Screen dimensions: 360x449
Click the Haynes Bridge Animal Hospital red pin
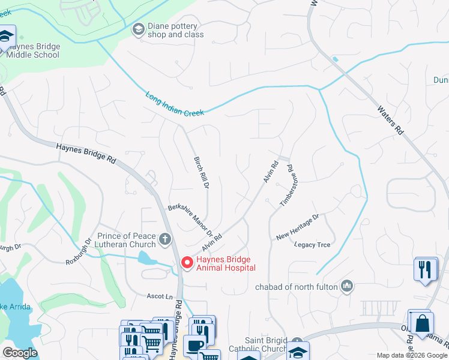coord(187,263)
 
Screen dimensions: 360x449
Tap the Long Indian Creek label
coord(175,104)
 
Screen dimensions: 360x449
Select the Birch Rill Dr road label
coord(200,173)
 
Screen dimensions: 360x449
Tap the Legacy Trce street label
coord(312,245)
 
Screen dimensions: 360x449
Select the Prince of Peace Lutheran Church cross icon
coord(165,240)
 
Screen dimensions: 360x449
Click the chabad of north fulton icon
coord(346,286)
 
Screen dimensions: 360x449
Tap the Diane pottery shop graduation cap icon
coord(138,29)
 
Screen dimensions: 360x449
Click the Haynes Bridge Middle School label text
coord(33,50)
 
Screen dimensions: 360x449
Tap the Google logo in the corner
coord(20,352)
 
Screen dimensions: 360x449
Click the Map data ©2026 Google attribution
coord(411,355)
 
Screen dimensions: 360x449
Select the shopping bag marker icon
coord(422,322)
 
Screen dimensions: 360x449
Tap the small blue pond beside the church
coord(145,259)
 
